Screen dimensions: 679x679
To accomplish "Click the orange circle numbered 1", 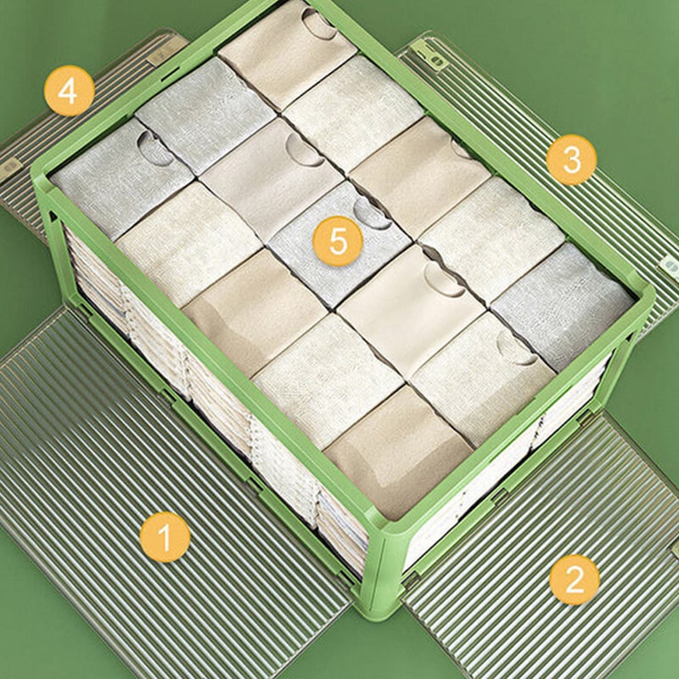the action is point(165,537).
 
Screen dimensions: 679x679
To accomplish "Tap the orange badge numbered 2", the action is point(575,580).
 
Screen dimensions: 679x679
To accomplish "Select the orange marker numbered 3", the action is point(571,160).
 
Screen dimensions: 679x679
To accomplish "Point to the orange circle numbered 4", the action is point(70,91).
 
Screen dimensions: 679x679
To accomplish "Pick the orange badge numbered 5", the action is point(338,241).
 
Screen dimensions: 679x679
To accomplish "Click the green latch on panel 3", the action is point(429,53).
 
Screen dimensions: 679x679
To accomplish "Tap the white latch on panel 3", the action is point(670,265).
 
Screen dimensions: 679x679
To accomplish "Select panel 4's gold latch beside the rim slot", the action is point(167,51).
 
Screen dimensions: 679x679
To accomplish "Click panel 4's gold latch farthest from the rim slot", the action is point(9,170).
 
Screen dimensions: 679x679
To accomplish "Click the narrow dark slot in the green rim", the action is point(170,75).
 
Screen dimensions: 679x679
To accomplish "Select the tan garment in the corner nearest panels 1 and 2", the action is point(397,452).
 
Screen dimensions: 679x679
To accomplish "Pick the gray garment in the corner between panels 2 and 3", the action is point(563,306).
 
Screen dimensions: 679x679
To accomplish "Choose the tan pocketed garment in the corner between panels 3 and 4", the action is point(287,52).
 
